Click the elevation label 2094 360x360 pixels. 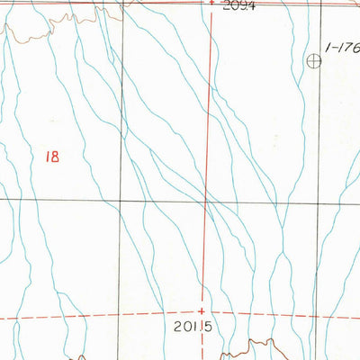[x=238, y=5]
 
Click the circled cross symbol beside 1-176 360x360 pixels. [x=314, y=61]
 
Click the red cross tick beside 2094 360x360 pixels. [x=211, y=4]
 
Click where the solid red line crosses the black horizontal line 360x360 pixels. [x=207, y=201]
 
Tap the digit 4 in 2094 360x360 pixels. [x=252, y=5]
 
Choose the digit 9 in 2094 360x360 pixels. [x=243, y=5]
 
